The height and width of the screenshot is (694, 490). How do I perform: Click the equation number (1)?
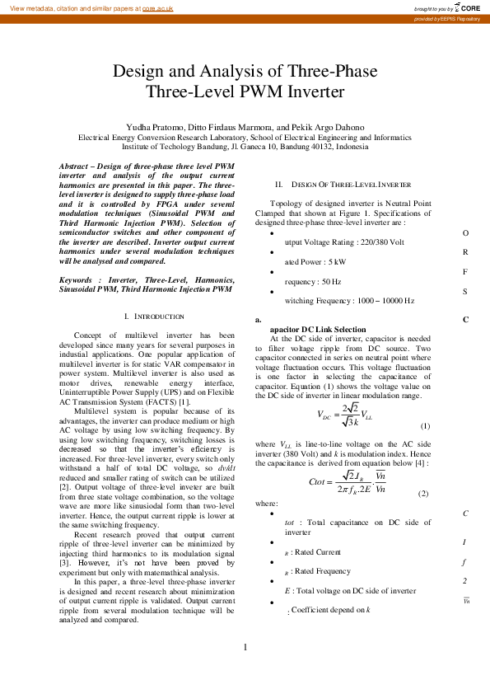[x=425, y=425]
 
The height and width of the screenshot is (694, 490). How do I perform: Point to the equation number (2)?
[x=423, y=493]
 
